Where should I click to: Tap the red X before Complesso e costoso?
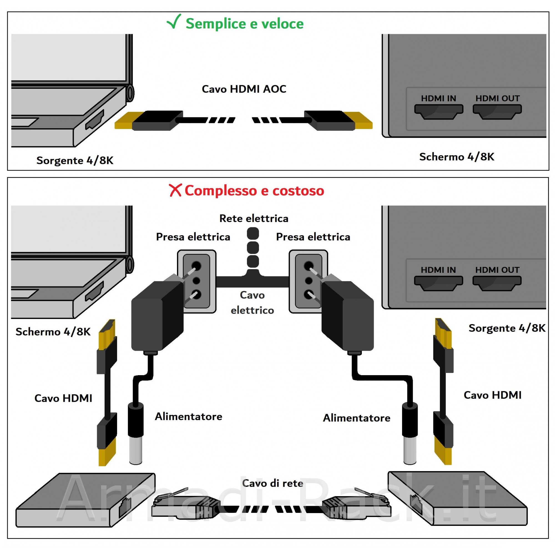[175, 190]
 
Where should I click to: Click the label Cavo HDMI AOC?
[244, 89]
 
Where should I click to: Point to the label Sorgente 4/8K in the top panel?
[75, 160]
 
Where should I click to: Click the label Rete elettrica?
[254, 218]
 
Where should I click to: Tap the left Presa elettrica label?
[193, 237]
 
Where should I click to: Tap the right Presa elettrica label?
[313, 237]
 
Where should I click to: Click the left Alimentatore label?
[188, 416]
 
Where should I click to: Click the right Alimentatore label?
[357, 418]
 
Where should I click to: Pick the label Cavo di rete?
[272, 483]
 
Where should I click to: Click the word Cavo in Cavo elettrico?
[252, 295]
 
